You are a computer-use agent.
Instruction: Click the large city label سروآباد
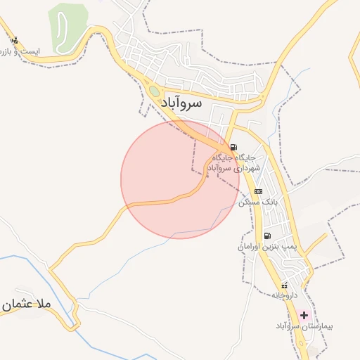tap(171, 103)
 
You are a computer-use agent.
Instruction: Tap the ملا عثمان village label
tap(27, 304)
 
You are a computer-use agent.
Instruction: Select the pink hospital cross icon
tap(304, 315)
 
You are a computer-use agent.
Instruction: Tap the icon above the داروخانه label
tap(284, 285)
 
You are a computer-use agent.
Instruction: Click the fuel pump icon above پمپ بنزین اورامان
tap(267, 236)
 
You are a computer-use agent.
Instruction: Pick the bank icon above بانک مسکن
tap(258, 191)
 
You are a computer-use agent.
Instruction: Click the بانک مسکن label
tap(258, 202)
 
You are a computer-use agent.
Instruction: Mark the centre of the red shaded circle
tap(180, 179)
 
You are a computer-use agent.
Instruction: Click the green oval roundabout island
tap(154, 91)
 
